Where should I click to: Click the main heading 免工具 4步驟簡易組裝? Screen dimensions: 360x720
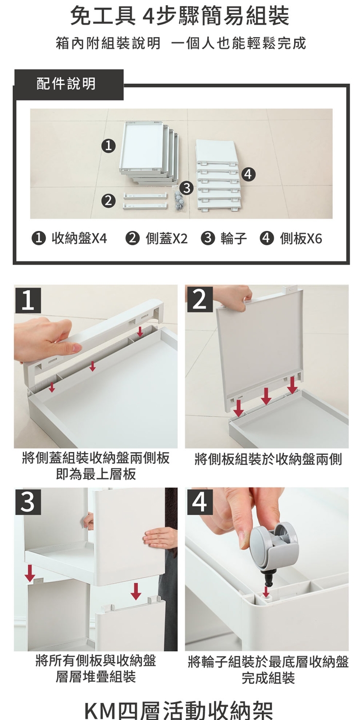(179, 16)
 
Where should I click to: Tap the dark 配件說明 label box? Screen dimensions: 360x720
(68, 84)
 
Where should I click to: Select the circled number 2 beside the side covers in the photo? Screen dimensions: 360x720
(109, 201)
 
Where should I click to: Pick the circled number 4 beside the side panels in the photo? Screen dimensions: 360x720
(248, 174)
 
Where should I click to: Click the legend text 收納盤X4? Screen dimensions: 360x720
(79, 239)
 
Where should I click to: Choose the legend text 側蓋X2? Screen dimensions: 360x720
(167, 239)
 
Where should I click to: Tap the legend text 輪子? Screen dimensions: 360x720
(233, 239)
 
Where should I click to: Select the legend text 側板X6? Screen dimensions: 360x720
(301, 239)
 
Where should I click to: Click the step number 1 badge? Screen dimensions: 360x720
(28, 300)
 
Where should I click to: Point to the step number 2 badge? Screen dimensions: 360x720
(200, 299)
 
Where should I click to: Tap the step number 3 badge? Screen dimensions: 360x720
(28, 502)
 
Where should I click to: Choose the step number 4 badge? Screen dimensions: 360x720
(200, 502)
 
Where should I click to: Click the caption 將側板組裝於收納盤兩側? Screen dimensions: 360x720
(268, 459)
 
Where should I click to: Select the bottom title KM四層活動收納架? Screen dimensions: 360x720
(179, 710)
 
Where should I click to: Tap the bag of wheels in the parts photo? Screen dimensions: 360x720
(179, 200)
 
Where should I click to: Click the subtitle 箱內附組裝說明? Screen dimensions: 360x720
(108, 43)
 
